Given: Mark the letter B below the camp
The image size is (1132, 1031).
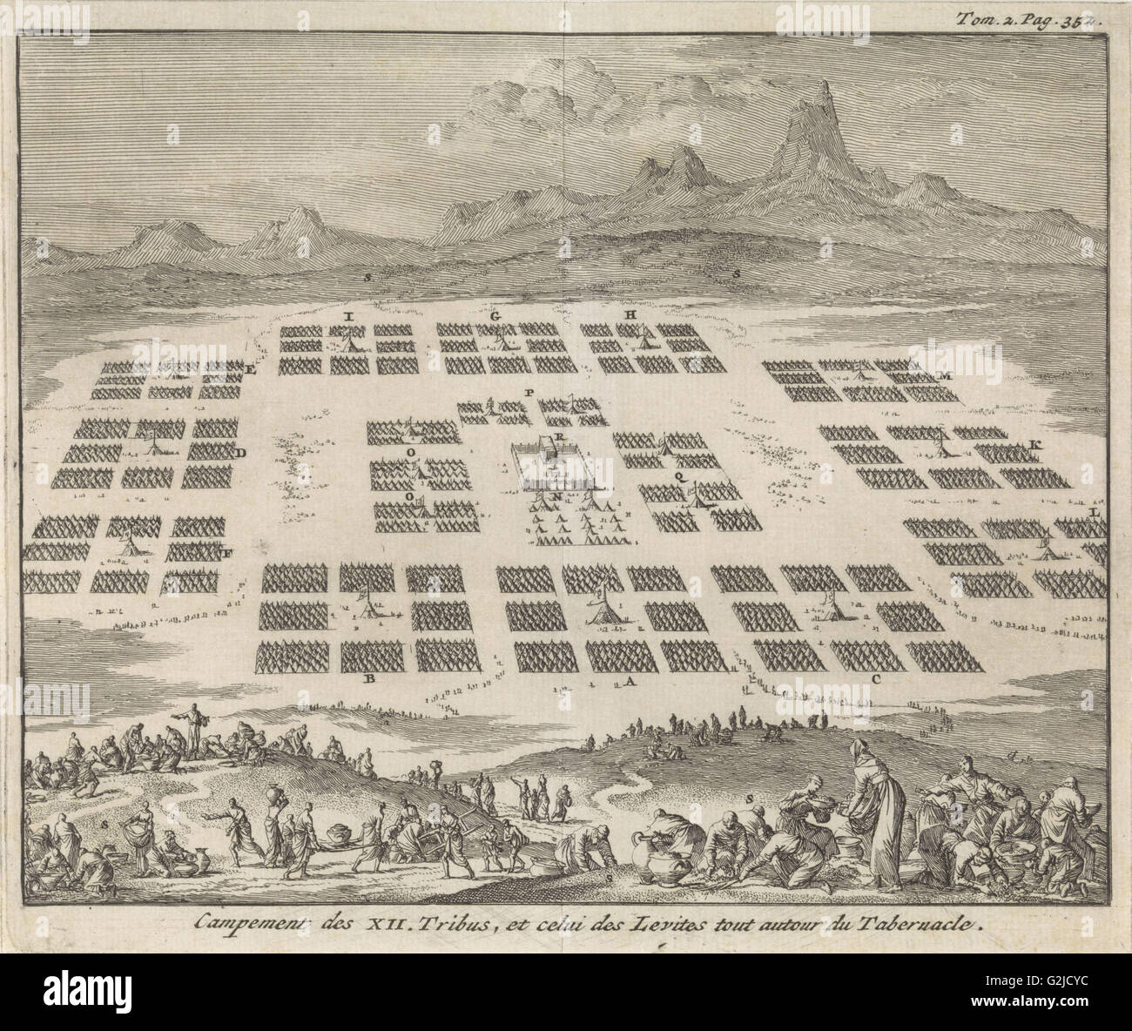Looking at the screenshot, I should coord(369,677).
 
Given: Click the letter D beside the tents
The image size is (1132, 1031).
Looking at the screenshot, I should coord(241,453).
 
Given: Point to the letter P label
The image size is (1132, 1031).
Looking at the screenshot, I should coord(528,393).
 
